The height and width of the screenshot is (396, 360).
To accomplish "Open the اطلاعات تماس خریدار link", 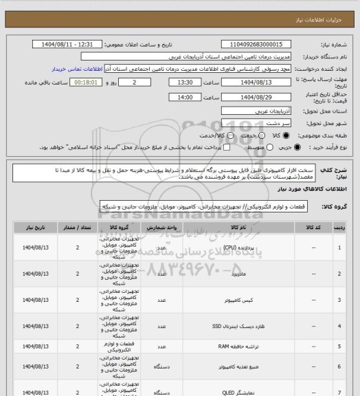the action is (78, 69).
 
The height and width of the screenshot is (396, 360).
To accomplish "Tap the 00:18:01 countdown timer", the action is (86, 82).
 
